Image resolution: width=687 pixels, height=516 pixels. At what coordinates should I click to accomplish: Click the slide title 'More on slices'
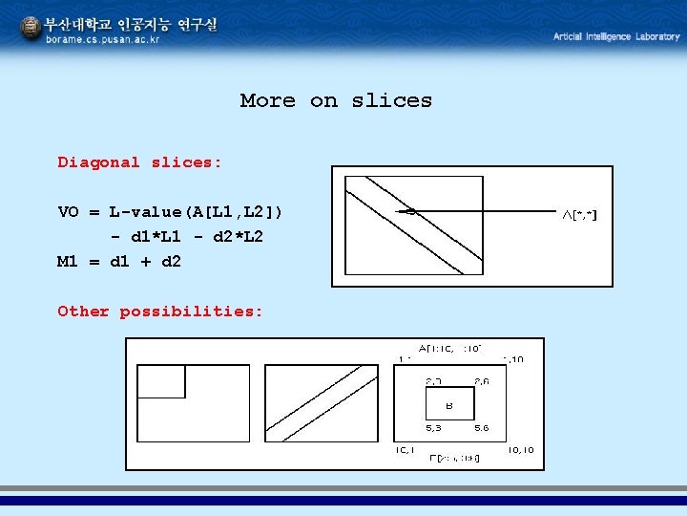pos(336,100)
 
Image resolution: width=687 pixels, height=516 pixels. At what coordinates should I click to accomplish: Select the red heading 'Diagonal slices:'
pos(139,162)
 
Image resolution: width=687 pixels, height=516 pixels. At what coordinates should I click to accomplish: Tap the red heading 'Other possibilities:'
pos(160,312)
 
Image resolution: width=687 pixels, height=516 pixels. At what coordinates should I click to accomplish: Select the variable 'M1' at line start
pos(69,262)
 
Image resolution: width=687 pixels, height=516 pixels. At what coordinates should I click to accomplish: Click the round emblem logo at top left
pos(31,30)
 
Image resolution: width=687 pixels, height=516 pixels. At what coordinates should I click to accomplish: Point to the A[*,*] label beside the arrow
pos(579,216)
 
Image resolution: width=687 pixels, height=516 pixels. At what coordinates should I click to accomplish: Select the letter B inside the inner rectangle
pos(448,405)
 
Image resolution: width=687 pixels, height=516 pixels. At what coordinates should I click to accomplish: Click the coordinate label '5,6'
pos(484,428)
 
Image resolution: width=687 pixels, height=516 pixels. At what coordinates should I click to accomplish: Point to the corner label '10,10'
pos(521,449)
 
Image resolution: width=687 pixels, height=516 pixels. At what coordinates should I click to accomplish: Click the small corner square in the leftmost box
pos(162,380)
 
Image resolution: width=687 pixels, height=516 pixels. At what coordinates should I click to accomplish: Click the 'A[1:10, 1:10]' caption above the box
pos(449,348)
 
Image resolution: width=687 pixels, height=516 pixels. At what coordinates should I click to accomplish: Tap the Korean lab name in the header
pos(131,25)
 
